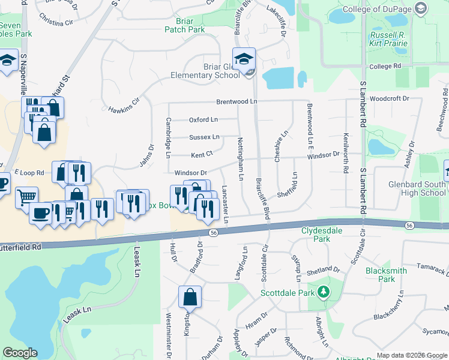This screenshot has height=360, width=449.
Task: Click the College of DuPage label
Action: [376, 10]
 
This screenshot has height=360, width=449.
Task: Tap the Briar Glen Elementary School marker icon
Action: [244, 59]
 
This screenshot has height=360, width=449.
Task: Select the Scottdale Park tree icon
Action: [324, 292]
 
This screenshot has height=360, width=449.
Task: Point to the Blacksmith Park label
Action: [386, 275]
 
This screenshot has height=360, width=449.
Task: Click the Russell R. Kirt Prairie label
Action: [388, 40]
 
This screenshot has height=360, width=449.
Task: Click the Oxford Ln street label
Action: [203, 120]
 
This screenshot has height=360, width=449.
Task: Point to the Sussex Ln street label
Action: [204, 137]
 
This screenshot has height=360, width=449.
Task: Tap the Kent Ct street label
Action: [202, 154]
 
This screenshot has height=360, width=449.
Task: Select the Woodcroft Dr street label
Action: [389, 98]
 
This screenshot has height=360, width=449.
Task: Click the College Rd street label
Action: [385, 66]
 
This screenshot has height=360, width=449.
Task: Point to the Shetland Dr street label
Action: [324, 271]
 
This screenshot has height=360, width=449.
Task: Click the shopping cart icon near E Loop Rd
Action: [26, 196]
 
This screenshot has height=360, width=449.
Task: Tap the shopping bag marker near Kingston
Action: [190, 296]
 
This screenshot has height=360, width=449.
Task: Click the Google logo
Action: [20, 353]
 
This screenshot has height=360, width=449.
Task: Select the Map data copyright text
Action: [412, 356]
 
